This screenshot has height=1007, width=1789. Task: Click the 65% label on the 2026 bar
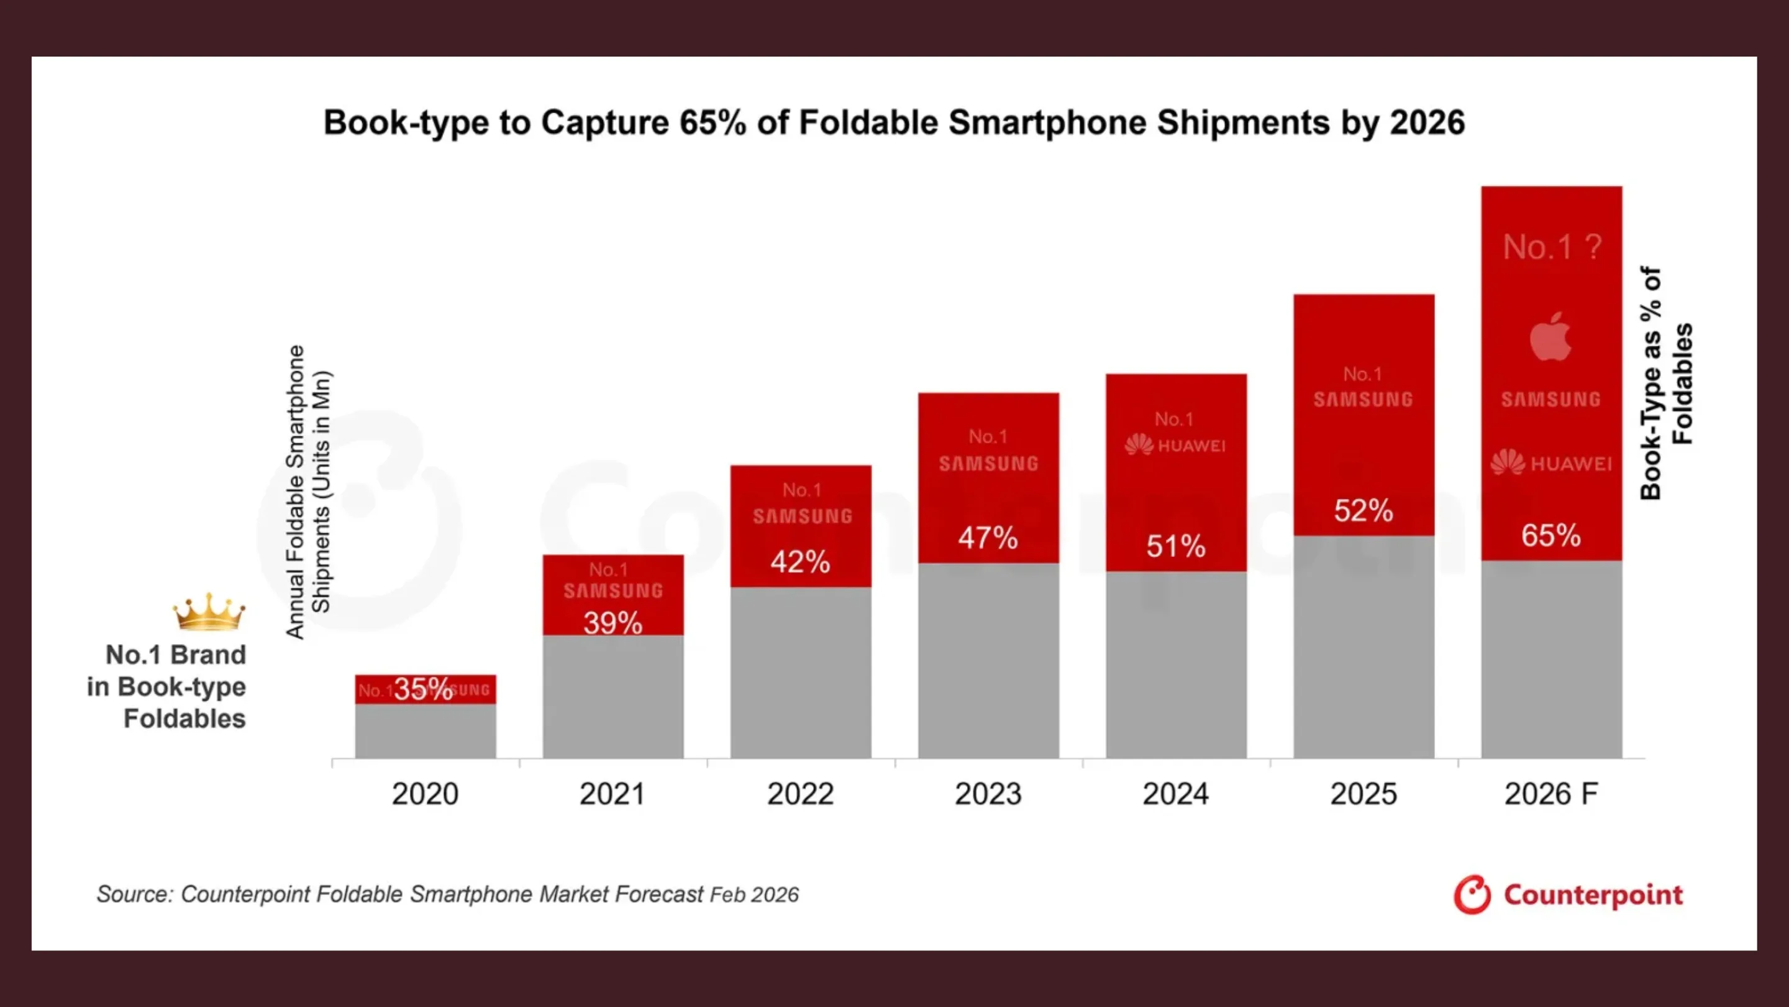(x=1551, y=536)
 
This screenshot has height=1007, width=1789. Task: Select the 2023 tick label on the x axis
(x=988, y=794)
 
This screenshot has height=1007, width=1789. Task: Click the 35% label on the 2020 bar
(x=423, y=689)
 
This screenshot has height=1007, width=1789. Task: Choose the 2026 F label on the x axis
(x=1551, y=794)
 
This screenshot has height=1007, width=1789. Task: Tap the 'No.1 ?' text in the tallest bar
(x=1552, y=247)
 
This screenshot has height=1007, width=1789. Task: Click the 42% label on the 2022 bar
(x=800, y=561)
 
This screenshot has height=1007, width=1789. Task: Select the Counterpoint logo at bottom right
(x=1568, y=895)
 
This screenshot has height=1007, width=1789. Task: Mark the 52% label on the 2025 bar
(x=1363, y=511)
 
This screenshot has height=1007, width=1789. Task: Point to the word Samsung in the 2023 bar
(x=988, y=464)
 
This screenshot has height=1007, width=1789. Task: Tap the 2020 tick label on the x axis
(x=425, y=794)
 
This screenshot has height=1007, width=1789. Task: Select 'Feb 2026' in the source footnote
(x=754, y=895)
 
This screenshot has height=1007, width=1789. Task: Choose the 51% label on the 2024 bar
(x=1176, y=546)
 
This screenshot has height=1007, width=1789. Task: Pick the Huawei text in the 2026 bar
(x=1570, y=464)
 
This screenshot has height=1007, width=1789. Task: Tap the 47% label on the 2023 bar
(x=988, y=538)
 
